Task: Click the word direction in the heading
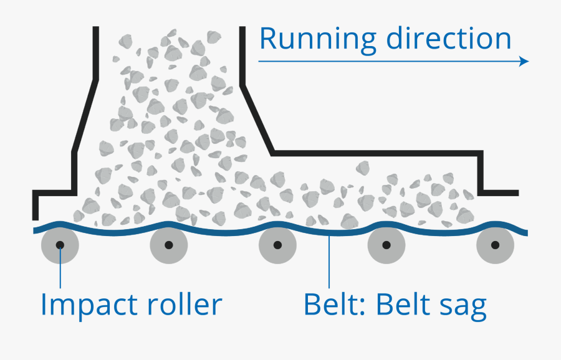click(449, 39)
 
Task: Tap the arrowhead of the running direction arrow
click(524, 61)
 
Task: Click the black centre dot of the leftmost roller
click(60, 245)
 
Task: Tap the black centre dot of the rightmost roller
click(496, 245)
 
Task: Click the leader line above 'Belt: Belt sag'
click(328, 262)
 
